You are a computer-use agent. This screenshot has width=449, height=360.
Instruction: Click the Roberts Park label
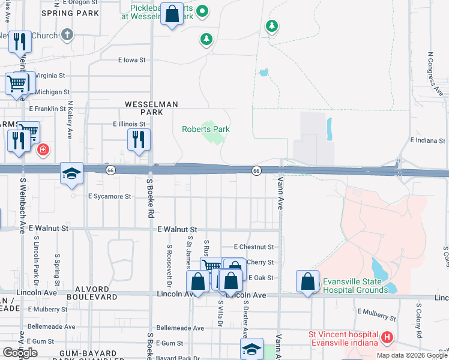pos(206,129)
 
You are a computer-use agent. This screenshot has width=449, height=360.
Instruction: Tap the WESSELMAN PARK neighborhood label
pos(151,108)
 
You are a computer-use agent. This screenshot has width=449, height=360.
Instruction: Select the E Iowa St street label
pos(132,60)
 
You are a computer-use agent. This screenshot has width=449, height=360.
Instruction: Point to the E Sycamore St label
pos(109,196)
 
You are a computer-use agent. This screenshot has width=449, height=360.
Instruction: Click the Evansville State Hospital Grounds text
pos(355,286)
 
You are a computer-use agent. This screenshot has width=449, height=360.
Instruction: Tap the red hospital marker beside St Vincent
pos(387,338)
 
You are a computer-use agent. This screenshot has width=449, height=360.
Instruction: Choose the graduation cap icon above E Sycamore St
pos(71,173)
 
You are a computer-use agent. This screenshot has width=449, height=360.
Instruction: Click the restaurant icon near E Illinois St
pos(139,140)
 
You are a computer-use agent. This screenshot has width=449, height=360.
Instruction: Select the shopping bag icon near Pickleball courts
pos(172,15)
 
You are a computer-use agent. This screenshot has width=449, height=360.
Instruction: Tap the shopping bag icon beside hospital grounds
pos(307,281)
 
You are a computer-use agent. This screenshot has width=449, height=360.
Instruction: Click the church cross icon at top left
pos(67,34)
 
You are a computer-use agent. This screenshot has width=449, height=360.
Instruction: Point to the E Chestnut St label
pos(254,247)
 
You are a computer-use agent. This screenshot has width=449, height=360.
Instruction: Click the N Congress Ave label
pos(435,73)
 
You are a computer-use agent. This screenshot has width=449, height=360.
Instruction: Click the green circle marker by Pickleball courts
pos(203,11)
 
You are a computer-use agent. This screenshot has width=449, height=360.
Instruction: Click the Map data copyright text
pos(412,355)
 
